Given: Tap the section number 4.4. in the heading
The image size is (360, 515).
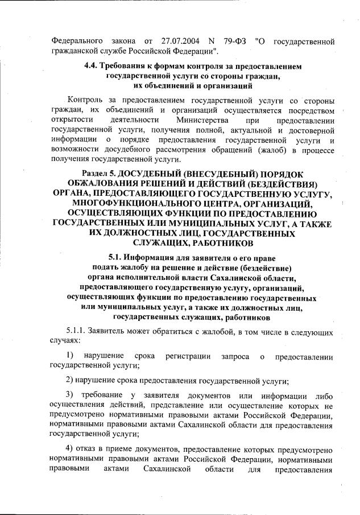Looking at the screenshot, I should click(x=92, y=67).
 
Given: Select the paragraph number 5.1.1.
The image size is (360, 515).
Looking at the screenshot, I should click(x=76, y=329).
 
